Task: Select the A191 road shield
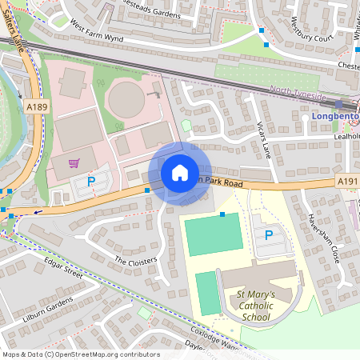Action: [346, 183]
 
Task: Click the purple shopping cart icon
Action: [74, 163]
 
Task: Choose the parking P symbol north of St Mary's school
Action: [269, 235]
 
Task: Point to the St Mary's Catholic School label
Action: [267, 306]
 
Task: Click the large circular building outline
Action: [129, 99]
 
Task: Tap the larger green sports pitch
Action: [212, 234]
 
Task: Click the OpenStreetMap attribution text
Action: [80, 354]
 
